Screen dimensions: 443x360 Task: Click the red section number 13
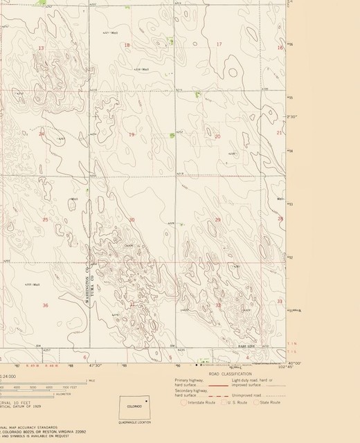coord(41,48)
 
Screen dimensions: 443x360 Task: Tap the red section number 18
coord(127,45)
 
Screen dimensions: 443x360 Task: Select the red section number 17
coord(219,44)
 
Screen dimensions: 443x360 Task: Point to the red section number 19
coord(132,134)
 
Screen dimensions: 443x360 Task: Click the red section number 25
coord(45,220)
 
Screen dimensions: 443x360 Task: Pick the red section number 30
coord(132,220)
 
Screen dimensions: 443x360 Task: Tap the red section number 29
coord(217,220)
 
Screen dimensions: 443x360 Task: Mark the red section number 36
coord(45,305)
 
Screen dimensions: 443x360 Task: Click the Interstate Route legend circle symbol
coord(183,401)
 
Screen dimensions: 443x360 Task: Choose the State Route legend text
coord(271,401)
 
